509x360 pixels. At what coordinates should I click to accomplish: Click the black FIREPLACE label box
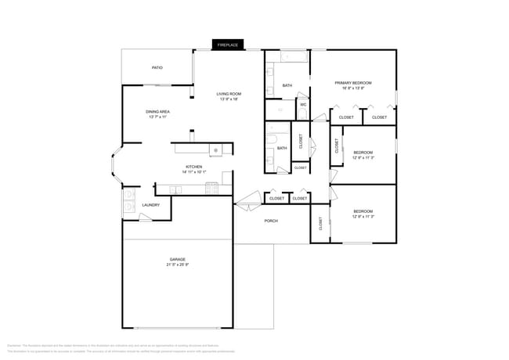click(x=228, y=45)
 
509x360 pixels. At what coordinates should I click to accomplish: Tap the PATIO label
click(x=157, y=68)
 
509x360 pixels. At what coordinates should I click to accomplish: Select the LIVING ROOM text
click(x=229, y=94)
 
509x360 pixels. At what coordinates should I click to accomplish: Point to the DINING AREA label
click(x=158, y=112)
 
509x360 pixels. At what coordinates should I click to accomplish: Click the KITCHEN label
click(x=193, y=167)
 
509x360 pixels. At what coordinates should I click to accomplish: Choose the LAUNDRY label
click(x=151, y=205)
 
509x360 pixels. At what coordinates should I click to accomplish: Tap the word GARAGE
click(x=178, y=259)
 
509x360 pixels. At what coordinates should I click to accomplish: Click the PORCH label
click(x=271, y=221)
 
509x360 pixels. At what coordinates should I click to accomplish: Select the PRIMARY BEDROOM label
click(x=353, y=83)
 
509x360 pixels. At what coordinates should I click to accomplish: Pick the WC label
click(x=303, y=104)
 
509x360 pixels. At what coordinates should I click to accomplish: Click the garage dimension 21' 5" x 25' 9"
click(x=178, y=265)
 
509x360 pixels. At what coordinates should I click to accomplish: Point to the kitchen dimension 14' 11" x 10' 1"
click(x=193, y=172)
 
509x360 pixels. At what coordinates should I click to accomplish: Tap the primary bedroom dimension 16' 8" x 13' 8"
click(x=353, y=88)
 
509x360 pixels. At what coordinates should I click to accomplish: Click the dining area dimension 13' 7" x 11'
click(x=158, y=117)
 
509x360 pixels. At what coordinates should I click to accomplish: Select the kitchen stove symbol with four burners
click(x=211, y=188)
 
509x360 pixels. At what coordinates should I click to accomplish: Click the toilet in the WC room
click(x=302, y=113)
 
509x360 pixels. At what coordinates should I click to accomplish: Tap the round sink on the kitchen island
click(x=215, y=149)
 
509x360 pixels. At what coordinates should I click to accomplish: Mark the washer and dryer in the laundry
click(x=129, y=203)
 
